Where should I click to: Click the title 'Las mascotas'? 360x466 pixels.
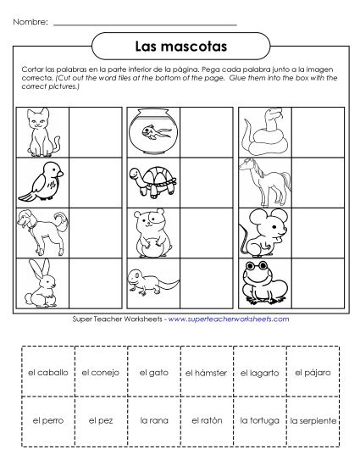click(x=180, y=42)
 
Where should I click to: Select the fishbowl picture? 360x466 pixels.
click(x=152, y=130)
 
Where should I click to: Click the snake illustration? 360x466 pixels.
click(x=262, y=130)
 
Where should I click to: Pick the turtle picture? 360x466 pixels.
click(x=152, y=180)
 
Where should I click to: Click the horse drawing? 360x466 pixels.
click(x=262, y=179)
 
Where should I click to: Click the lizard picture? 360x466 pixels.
click(x=152, y=281)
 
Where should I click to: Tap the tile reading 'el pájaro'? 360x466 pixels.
click(x=313, y=371)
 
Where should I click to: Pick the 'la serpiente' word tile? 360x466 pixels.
click(x=313, y=419)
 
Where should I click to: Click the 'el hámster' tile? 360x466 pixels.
click(x=207, y=371)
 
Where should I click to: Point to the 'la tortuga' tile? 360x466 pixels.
click(x=260, y=419)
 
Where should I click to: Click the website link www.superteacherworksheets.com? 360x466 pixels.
click(x=229, y=319)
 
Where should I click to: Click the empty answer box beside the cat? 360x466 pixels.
click(x=93, y=130)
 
